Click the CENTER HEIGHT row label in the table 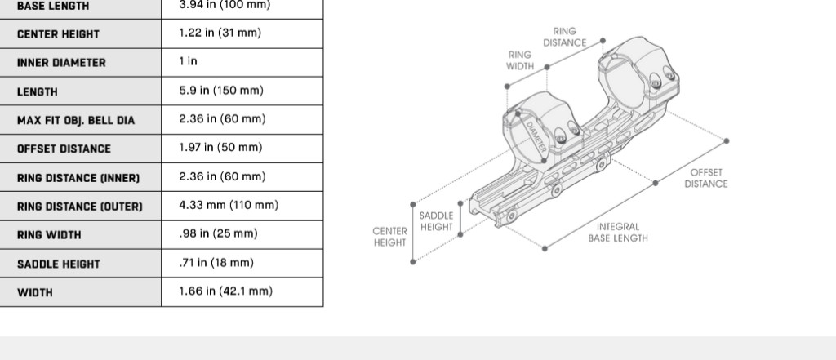point(58,34)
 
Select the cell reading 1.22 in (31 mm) point(220,33)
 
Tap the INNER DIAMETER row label point(61,63)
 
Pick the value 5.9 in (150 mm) point(221,91)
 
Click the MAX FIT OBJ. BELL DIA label point(76,121)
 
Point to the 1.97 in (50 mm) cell point(220,148)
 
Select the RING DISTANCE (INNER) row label point(78,178)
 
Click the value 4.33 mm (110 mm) point(229,206)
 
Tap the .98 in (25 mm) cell point(218,233)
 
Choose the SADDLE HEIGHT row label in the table point(59,264)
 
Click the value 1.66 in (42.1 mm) point(225,291)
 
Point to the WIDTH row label point(34,293)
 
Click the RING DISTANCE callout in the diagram point(565,37)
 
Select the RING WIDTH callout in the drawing point(520,60)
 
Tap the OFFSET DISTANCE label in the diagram point(706,178)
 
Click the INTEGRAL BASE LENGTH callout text point(618,233)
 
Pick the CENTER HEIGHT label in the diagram point(389,237)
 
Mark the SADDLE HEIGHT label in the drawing point(436,221)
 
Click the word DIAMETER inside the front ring point(536,137)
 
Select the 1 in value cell point(189,61)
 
